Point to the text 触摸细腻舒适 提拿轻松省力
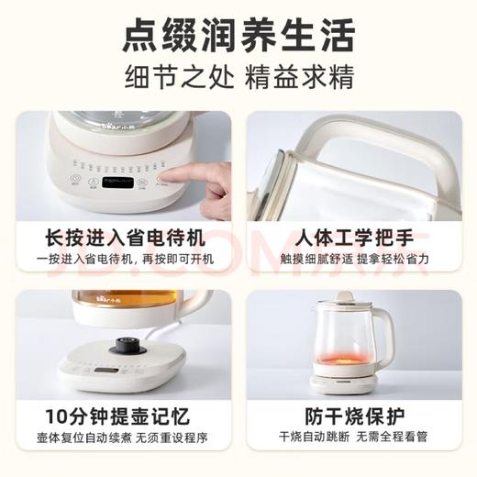(353, 260)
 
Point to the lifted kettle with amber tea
(110, 307)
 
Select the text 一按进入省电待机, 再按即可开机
(123, 260)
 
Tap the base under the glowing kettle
(343, 377)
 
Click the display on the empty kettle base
(104, 372)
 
